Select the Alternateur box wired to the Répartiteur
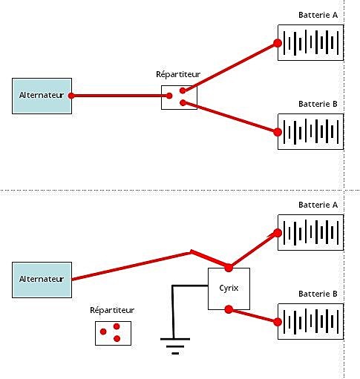[x=42, y=96]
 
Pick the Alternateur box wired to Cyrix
[x=42, y=280]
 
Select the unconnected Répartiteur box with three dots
[x=113, y=333]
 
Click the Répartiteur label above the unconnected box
[x=112, y=310]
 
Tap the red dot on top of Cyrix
[x=229, y=268]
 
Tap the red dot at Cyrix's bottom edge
[x=229, y=309]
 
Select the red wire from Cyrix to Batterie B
[x=253, y=316]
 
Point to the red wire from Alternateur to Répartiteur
[x=120, y=96]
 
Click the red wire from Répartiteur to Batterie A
[x=230, y=67]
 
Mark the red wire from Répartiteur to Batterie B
[x=230, y=117]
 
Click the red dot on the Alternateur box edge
[x=71, y=96]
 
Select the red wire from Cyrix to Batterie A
[x=253, y=250]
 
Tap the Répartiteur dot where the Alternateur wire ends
[x=169, y=96]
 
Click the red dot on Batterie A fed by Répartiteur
[x=278, y=43]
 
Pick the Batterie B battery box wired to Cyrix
[x=310, y=321]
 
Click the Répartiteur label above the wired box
[x=178, y=74]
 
